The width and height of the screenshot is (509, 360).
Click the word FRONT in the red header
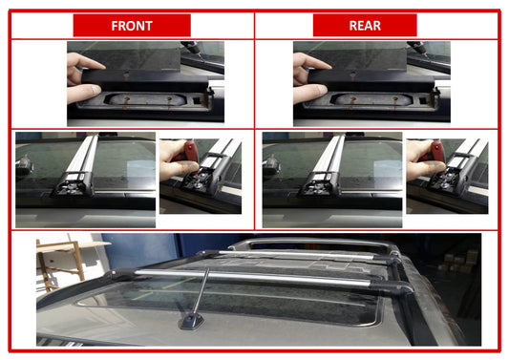tap(132, 25)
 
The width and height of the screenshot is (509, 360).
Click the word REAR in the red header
tap(364, 25)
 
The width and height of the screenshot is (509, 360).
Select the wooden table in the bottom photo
tap(59, 258)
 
